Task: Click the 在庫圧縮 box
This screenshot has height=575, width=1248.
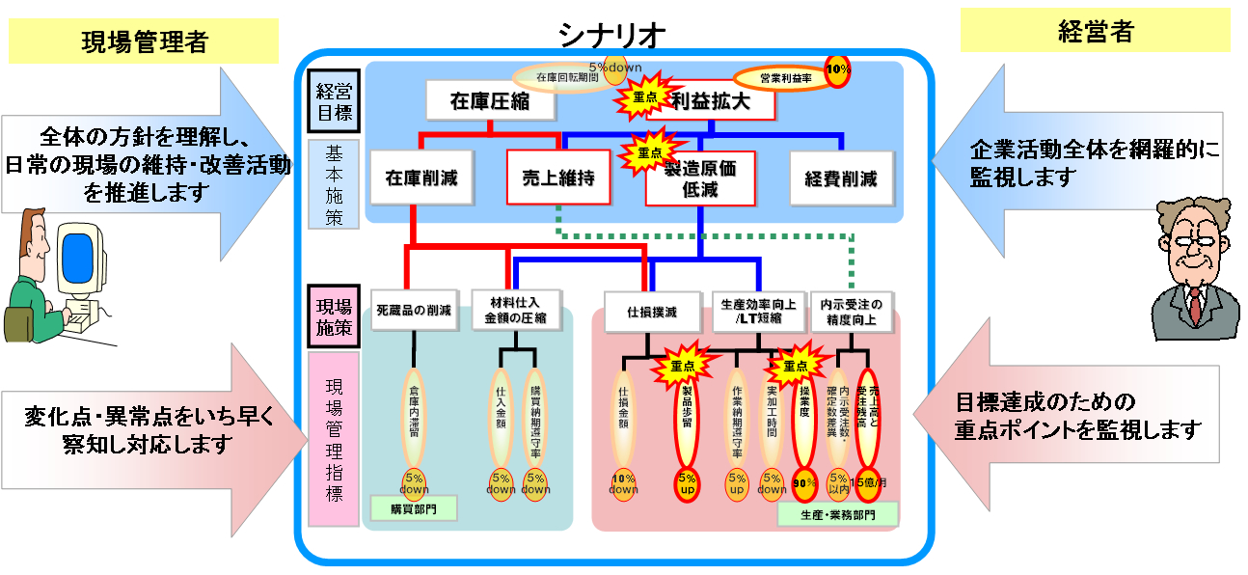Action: [x=490, y=100]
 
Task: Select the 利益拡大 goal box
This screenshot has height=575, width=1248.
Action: [x=712, y=100]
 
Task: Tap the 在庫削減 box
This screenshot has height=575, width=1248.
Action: [x=421, y=178]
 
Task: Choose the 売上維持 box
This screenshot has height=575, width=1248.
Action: [x=558, y=178]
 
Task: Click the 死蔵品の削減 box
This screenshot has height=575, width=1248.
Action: [x=414, y=312]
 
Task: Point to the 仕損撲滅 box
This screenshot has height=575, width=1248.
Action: [x=652, y=312]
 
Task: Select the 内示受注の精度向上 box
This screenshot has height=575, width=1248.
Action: [x=850, y=311]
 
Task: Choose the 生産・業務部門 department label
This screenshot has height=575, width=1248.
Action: [x=837, y=514]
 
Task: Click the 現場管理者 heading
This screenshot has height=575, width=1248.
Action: [x=144, y=41]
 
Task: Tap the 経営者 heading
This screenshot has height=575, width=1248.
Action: [x=1095, y=32]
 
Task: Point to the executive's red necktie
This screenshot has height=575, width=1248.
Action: [x=1195, y=305]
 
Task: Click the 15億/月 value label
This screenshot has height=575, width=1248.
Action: [x=867, y=482]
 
